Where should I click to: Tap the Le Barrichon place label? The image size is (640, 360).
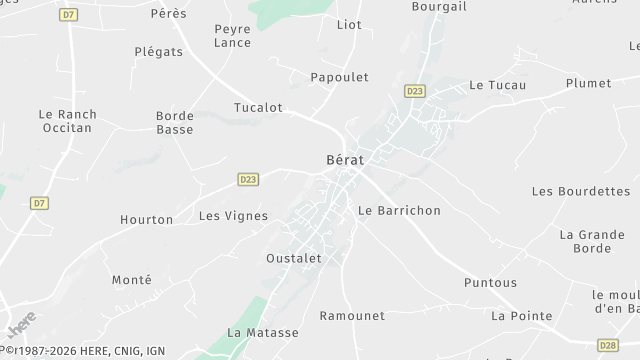tap(399, 211)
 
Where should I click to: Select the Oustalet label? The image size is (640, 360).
tap(294, 258)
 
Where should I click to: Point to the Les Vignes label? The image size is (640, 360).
tap(233, 215)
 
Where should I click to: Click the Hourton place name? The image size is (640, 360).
tap(147, 219)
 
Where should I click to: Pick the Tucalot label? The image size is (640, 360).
tap(258, 107)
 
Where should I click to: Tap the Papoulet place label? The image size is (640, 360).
tap(339, 77)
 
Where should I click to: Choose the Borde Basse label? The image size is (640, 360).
tap(175, 122)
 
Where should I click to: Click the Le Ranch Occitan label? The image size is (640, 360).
tap(66, 121)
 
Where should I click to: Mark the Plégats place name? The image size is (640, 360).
tap(158, 51)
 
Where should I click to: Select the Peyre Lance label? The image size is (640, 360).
tap(233, 36)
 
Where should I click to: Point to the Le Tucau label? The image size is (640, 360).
tap(490, 85)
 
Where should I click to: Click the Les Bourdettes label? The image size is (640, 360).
tap(581, 190)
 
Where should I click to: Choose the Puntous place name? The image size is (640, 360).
tap(490, 283)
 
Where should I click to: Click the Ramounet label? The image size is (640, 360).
tap(352, 316)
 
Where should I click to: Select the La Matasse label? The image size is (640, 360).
tap(263, 333)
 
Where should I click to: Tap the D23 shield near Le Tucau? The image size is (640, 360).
tap(414, 91)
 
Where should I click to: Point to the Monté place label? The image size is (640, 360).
tap(132, 280)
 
